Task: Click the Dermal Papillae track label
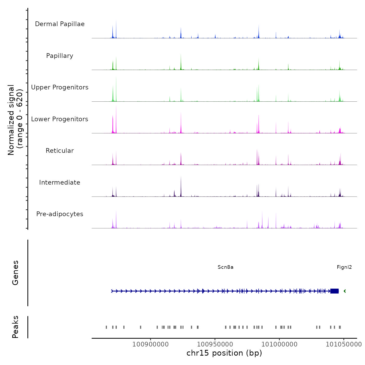point(60,24)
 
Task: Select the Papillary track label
point(60,56)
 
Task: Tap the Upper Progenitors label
point(60,87)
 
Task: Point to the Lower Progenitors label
point(60,119)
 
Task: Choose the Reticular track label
point(60,151)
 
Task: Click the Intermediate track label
point(60,182)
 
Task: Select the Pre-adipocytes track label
point(60,214)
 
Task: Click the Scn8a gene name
point(226,267)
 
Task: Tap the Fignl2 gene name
point(344,267)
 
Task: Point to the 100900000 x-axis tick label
point(150,344)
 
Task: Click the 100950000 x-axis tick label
point(215,344)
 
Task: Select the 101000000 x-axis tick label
point(279,344)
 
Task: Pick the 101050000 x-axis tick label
point(344,344)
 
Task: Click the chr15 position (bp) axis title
point(224,353)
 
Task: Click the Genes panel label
point(15,273)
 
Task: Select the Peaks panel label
point(15,327)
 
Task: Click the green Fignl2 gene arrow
point(345,291)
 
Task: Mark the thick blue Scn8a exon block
point(334,291)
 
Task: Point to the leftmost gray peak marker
point(106,327)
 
